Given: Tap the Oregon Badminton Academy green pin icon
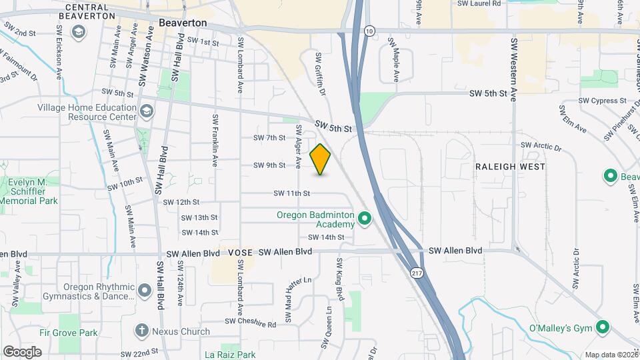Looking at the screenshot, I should pos(365,218).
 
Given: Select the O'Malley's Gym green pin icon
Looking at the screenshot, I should pos(603,327).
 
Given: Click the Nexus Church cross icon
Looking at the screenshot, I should pos(141,329).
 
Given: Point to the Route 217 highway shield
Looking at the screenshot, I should pos(417,274).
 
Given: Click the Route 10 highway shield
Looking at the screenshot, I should pos(370,31).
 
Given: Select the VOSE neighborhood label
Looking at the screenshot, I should pos(240,253).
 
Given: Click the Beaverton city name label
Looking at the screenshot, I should pos(183,22).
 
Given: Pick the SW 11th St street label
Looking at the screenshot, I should pos(292,193).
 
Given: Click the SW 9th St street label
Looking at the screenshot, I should pos(269,165).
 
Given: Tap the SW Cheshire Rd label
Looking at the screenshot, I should pos(250,323).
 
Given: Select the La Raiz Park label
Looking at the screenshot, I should pos(230,355).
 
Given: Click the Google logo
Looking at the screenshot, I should pos(22,352).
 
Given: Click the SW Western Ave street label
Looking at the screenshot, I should pos(514,70).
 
